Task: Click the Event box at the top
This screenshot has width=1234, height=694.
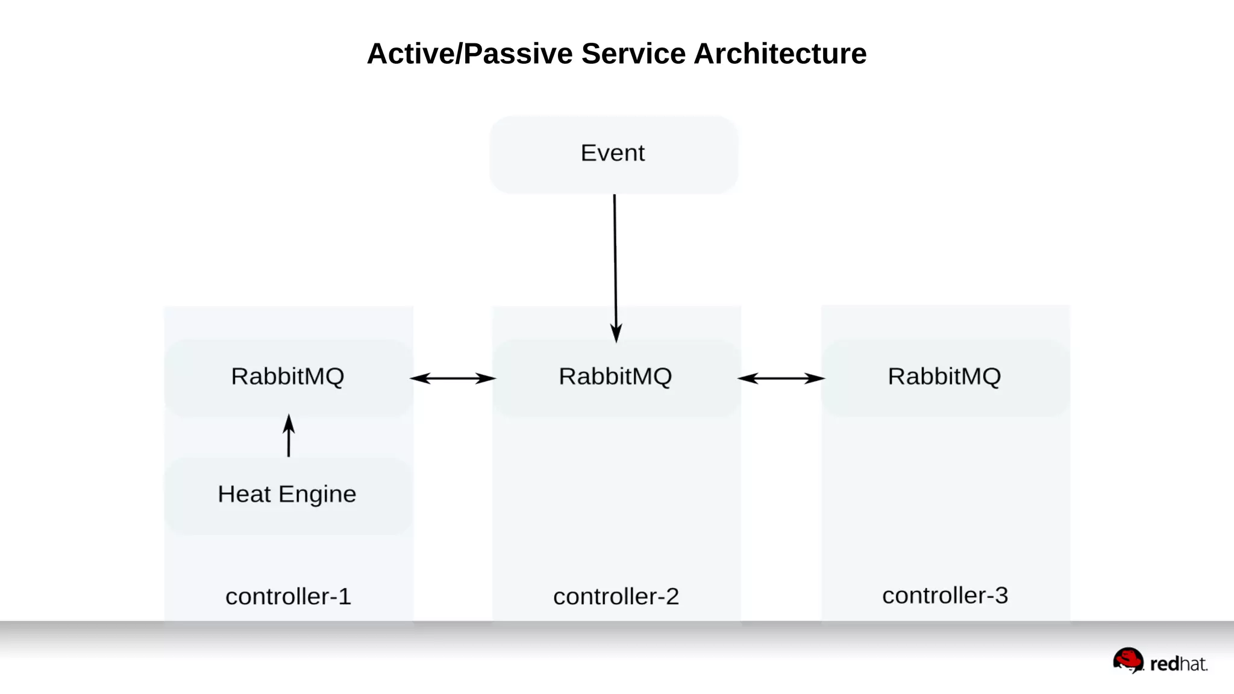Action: point(613,154)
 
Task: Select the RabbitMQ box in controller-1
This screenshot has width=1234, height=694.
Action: point(288,377)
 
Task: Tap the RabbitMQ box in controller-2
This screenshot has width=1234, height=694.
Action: point(616,377)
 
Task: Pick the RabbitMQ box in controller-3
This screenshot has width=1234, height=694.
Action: point(944,377)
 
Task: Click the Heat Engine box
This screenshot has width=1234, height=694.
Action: point(287,495)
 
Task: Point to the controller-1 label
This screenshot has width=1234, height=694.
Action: point(288,596)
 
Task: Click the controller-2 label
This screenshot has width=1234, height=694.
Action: point(616,596)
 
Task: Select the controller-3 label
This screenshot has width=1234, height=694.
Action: point(945,595)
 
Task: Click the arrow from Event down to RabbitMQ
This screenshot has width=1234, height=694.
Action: point(615,265)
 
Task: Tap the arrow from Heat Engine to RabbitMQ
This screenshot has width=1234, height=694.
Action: point(289,436)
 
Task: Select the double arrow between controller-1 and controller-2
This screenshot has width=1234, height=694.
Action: point(453,378)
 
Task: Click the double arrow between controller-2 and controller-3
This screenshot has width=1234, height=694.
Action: point(781,378)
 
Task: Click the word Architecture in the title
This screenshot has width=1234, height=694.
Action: point(780,54)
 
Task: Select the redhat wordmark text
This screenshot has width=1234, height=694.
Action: point(1179,664)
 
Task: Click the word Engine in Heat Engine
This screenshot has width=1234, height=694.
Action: point(318,495)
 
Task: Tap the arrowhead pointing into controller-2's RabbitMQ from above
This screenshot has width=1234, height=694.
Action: point(616,333)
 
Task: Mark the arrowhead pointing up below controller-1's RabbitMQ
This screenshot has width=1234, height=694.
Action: point(289,424)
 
